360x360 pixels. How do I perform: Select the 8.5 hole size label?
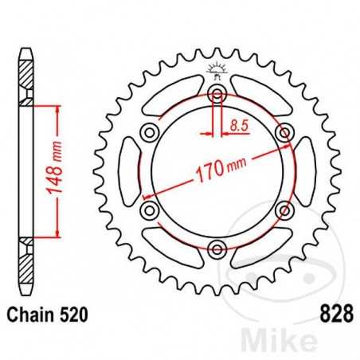coord(237,124)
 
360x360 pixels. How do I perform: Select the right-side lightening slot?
coord(305,171)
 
